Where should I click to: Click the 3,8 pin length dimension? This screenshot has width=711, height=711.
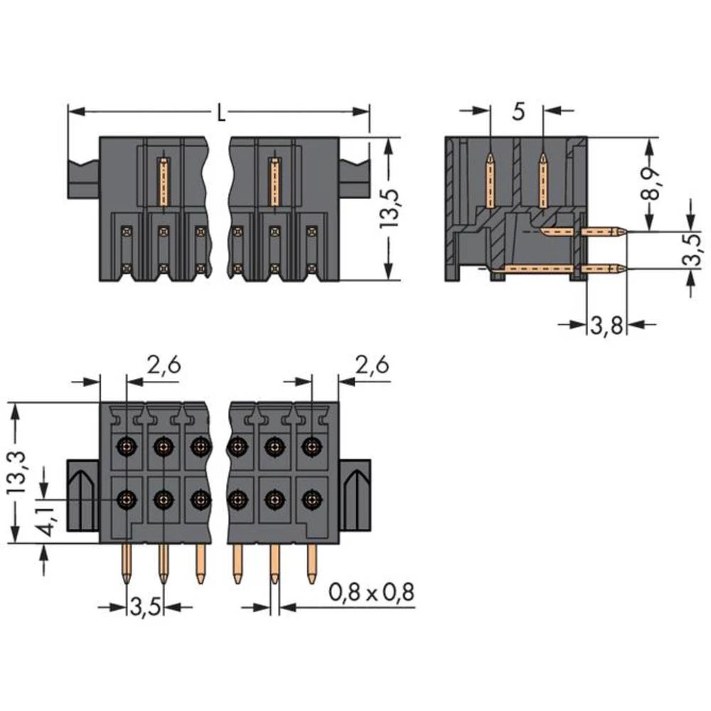[x=606, y=326]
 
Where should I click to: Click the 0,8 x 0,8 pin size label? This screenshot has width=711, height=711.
[x=371, y=592]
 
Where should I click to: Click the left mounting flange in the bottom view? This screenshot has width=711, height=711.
[x=82, y=494]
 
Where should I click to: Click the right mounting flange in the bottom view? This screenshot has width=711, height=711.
[x=355, y=494]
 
